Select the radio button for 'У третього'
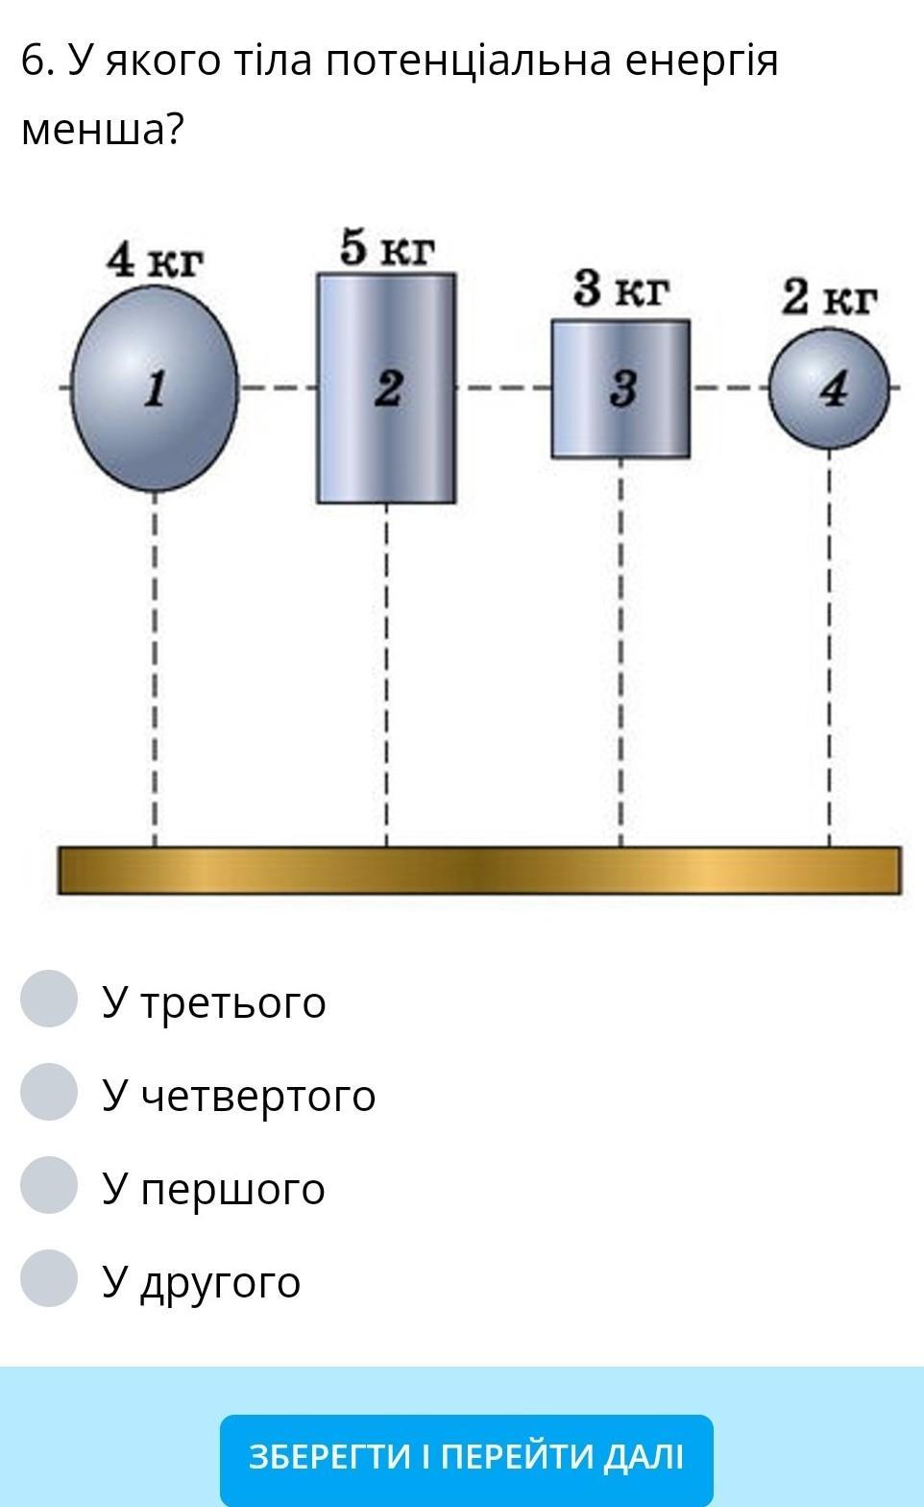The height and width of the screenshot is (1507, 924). pyautogui.click(x=49, y=999)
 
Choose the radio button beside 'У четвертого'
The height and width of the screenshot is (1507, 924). pyautogui.click(x=49, y=1092)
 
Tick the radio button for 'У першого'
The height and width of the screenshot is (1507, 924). pyautogui.click(x=49, y=1185)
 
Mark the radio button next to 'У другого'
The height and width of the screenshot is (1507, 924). pyautogui.click(x=49, y=1278)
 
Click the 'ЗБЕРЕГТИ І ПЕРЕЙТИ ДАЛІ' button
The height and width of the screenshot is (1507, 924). pyautogui.click(x=466, y=1456)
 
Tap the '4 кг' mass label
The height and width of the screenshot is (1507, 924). pyautogui.click(x=156, y=260)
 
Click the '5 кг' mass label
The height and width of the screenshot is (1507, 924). pyautogui.click(x=387, y=248)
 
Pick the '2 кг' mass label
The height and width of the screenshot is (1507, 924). pyautogui.click(x=829, y=298)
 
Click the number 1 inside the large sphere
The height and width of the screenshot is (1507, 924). pyautogui.click(x=155, y=389)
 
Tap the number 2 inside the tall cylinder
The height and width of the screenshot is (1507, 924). pyautogui.click(x=387, y=389)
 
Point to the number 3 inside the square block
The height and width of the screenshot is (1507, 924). pyautogui.click(x=622, y=389)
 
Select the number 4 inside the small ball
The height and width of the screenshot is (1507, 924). pyautogui.click(x=833, y=389)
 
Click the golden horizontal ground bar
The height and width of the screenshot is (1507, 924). pyautogui.click(x=479, y=870)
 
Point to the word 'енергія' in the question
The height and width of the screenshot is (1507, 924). pyautogui.click(x=701, y=62)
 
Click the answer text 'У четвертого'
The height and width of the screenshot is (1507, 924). pyautogui.click(x=239, y=1095)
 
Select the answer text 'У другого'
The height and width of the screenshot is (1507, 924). pyautogui.click(x=202, y=1281)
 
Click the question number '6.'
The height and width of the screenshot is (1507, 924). pyautogui.click(x=36, y=62)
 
